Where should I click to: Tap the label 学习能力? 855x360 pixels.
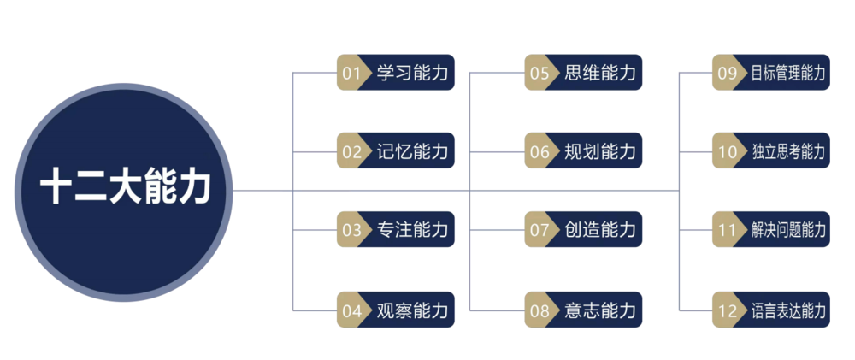point(412,73)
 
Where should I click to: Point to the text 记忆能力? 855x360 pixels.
point(412,151)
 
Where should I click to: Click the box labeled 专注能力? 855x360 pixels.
point(396,230)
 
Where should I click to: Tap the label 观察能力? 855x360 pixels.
point(412,310)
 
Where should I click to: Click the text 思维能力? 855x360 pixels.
point(600,73)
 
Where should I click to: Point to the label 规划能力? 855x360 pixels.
point(600,151)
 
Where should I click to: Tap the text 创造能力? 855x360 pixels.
point(600,230)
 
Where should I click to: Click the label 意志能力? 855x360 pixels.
point(600,310)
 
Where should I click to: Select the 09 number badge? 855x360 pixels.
point(726,73)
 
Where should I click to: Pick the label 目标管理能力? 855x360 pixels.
point(788,73)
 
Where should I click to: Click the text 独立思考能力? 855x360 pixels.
point(788,151)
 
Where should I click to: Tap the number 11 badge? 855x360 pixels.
point(726,230)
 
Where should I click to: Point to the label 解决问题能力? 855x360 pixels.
point(788,230)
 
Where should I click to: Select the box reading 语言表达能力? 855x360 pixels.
point(771,310)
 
